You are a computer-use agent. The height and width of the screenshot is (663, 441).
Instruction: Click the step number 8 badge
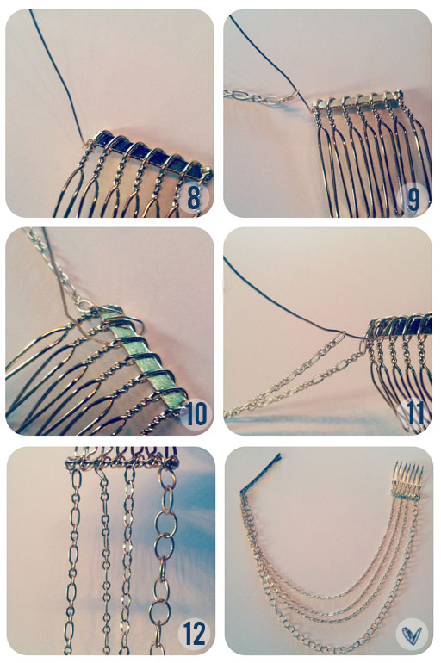194,197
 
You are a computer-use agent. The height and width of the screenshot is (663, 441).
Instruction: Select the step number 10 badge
196,414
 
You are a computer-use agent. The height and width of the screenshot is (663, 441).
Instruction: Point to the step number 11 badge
416,414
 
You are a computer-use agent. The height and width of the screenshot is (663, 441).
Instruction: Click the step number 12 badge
195,635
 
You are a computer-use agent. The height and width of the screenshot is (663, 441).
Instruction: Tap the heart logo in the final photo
413,635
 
